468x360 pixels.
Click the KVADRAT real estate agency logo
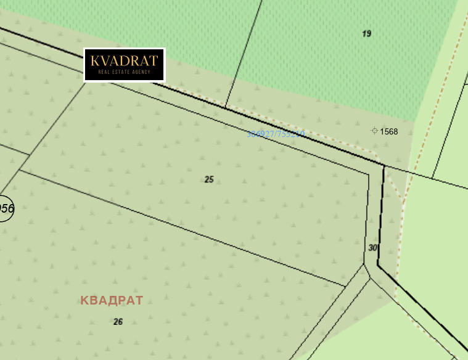[x=124, y=65]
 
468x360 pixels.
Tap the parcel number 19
[x=367, y=33]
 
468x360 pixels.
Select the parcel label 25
[x=209, y=179]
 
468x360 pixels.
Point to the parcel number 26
[x=118, y=321]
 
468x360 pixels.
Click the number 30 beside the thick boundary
[x=372, y=247]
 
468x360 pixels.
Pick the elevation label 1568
[x=389, y=131]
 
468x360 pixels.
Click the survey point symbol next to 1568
[x=374, y=131]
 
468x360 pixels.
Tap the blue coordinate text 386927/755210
[x=276, y=134]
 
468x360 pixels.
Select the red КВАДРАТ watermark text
[x=112, y=300]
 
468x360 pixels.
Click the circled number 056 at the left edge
[x=6, y=208]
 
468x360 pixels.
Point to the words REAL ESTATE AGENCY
[x=124, y=72]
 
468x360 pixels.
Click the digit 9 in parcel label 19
[x=369, y=33]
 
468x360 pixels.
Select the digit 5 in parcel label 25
[x=211, y=179]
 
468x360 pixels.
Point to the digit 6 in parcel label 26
[x=120, y=321]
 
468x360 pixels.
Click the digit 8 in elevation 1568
[x=395, y=131]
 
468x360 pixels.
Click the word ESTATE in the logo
[x=123, y=72]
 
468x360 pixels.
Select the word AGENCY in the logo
[x=141, y=72]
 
